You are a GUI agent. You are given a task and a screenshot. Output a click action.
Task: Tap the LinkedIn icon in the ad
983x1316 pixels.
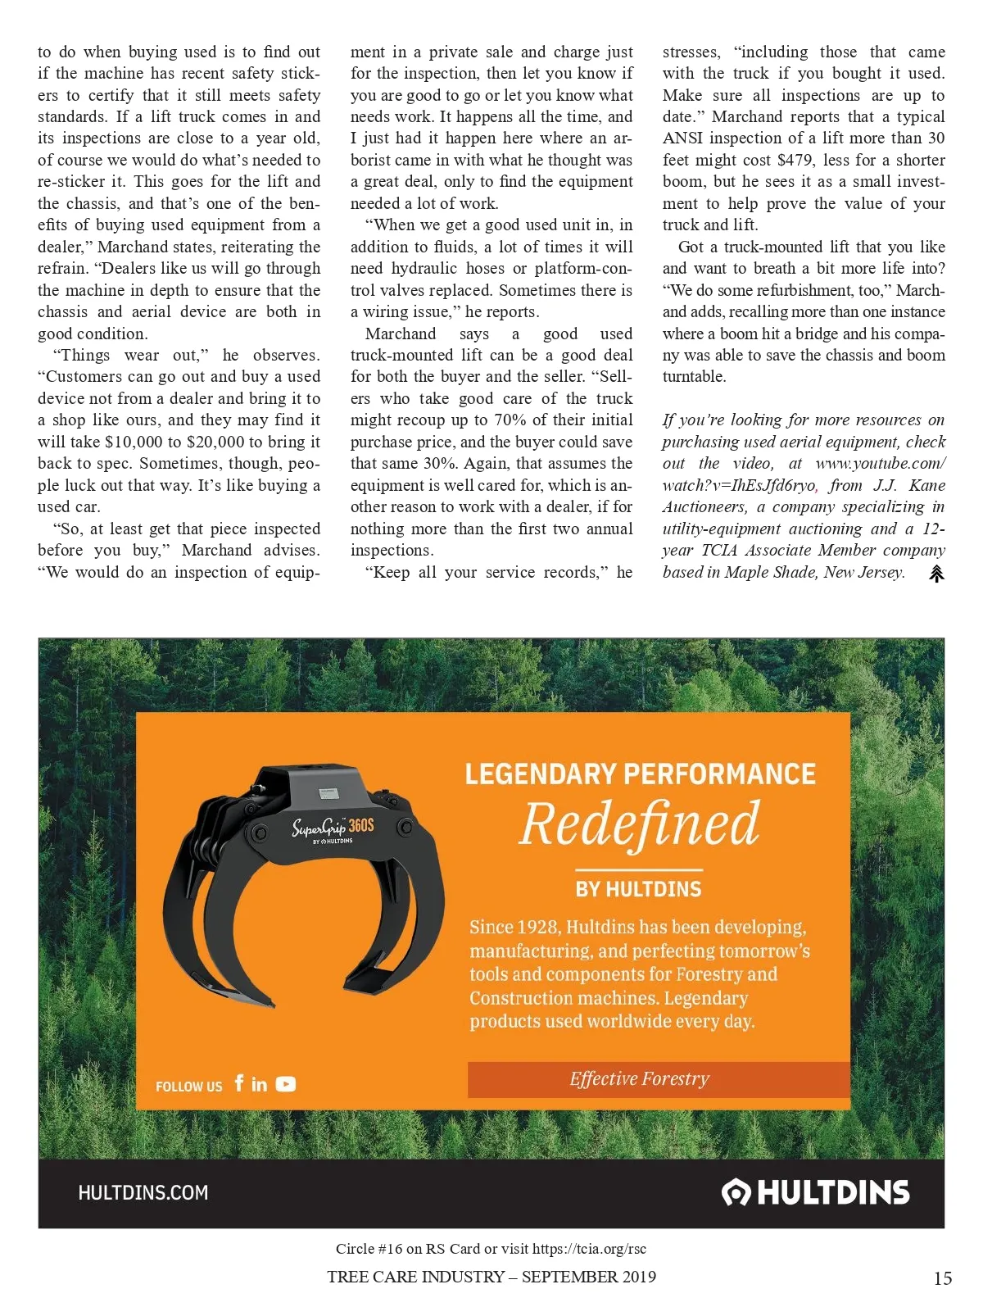click(259, 1084)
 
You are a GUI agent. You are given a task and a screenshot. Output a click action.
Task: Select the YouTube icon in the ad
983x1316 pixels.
click(286, 1084)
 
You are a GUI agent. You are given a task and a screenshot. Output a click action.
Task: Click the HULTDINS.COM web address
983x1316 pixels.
click(143, 1192)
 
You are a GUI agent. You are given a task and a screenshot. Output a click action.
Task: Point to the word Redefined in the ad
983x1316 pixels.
click(639, 824)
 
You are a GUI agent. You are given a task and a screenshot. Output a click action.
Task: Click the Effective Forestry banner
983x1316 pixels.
click(640, 1078)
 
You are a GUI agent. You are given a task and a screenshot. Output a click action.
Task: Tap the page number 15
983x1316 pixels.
click(942, 1278)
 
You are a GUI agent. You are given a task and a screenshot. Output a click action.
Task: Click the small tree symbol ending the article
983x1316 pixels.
click(936, 574)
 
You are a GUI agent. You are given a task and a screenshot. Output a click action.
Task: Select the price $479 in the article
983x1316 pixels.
click(795, 160)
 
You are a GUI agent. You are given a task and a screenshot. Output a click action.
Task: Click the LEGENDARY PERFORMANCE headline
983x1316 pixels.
click(640, 774)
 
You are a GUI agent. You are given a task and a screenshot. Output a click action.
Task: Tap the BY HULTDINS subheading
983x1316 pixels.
click(639, 889)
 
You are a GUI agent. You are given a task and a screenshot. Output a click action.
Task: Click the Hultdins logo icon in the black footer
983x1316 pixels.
click(736, 1192)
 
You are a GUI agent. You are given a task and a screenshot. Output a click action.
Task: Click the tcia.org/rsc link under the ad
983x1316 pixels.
click(589, 1249)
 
